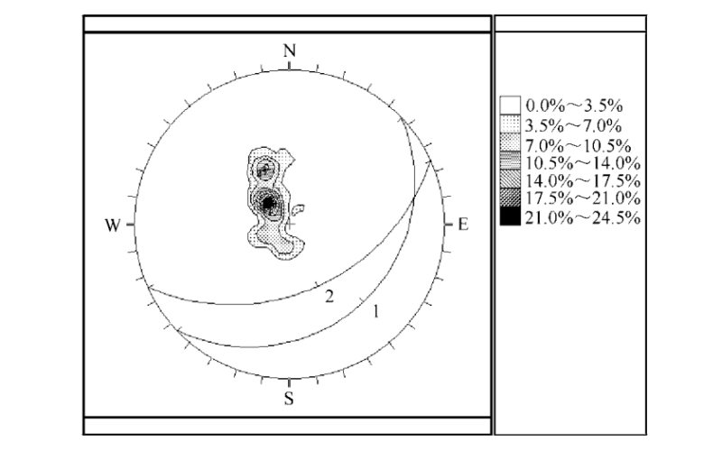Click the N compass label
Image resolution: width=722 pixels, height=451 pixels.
pos(289,51)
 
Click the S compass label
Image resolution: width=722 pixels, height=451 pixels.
pos(289,398)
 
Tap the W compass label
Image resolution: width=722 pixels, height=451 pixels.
pos(113,225)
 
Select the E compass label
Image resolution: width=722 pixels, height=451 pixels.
pos(463,225)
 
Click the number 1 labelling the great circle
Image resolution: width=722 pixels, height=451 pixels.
pos(376,312)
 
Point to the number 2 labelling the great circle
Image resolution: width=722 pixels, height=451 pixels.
pos(329,297)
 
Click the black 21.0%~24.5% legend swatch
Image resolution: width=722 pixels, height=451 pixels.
pos(510,216)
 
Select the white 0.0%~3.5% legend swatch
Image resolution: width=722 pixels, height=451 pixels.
pos(510,105)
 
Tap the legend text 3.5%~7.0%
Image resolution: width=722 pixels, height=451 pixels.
pos(574,125)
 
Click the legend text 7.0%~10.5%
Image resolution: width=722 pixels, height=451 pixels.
pos(578,146)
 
